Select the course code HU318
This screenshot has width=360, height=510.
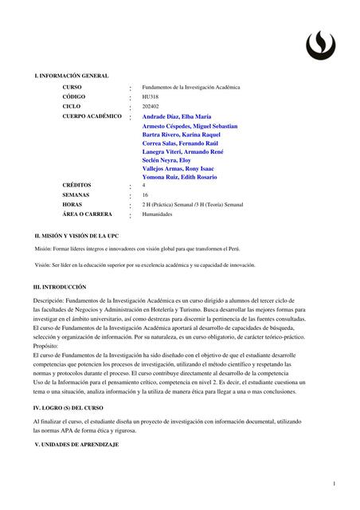click(x=151, y=96)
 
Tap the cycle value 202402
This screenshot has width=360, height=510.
click(x=151, y=106)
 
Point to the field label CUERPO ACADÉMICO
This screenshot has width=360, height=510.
click(x=92, y=116)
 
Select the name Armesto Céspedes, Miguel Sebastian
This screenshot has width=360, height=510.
click(x=190, y=126)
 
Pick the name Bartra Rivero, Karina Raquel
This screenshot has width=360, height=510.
click(x=182, y=135)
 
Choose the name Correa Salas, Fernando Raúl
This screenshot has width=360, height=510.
click(x=181, y=143)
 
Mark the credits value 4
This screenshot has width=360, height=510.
click(x=144, y=185)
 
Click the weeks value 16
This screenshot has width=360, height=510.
click(x=146, y=194)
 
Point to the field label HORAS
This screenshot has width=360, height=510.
click(x=72, y=204)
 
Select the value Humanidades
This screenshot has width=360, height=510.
click(x=158, y=214)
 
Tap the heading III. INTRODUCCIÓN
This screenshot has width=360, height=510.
click(x=60, y=286)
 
